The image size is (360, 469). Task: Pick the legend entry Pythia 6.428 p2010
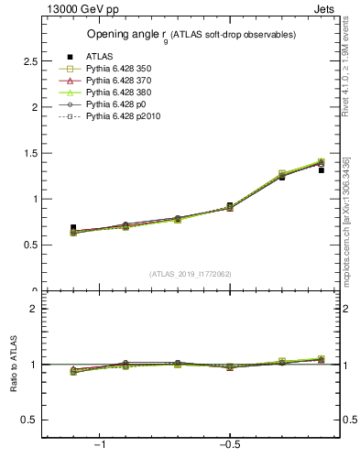127,116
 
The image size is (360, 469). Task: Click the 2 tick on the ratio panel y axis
34,309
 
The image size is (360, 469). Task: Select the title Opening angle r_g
191,35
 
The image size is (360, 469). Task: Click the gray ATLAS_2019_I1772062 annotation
191,274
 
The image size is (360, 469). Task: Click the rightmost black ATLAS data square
322,169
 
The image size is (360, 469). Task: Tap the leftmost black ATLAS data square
73,227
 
